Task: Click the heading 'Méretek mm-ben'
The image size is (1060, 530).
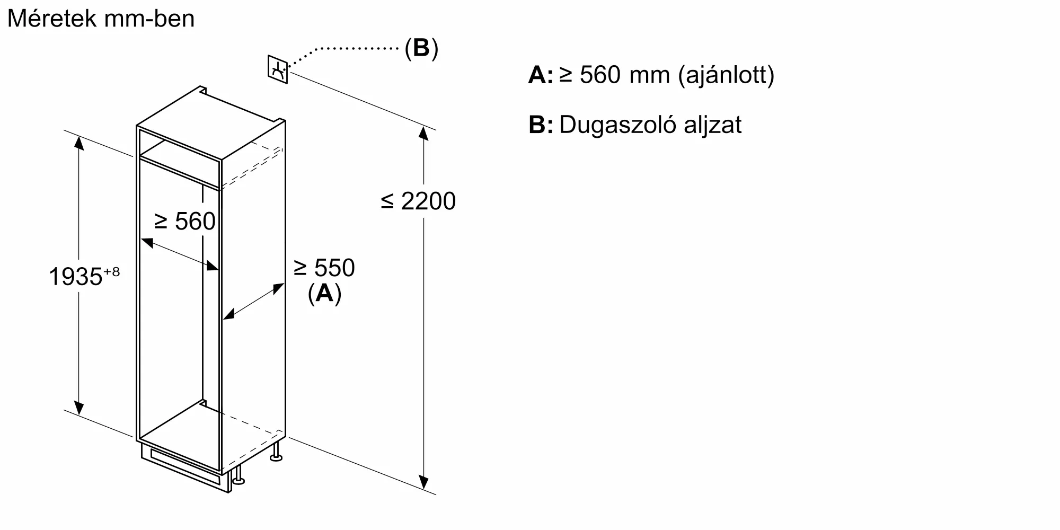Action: (x=101, y=19)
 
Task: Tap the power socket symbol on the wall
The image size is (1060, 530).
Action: (x=277, y=69)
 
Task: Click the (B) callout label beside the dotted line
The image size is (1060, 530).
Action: (x=421, y=48)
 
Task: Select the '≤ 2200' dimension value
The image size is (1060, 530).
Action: (x=418, y=201)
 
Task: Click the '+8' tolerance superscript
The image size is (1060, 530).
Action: (x=112, y=272)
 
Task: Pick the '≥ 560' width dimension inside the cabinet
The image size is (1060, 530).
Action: (x=185, y=221)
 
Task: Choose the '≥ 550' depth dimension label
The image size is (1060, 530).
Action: (x=324, y=268)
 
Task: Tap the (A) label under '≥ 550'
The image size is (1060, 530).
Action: (x=324, y=293)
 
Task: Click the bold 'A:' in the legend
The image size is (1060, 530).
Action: (x=541, y=76)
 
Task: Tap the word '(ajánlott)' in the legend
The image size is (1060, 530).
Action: (x=727, y=75)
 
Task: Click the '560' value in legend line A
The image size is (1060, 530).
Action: (x=600, y=75)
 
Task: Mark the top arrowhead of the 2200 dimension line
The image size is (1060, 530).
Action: (x=423, y=133)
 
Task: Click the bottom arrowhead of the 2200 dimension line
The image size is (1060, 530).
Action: (x=423, y=482)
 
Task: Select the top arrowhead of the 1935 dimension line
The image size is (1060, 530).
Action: (x=79, y=143)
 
